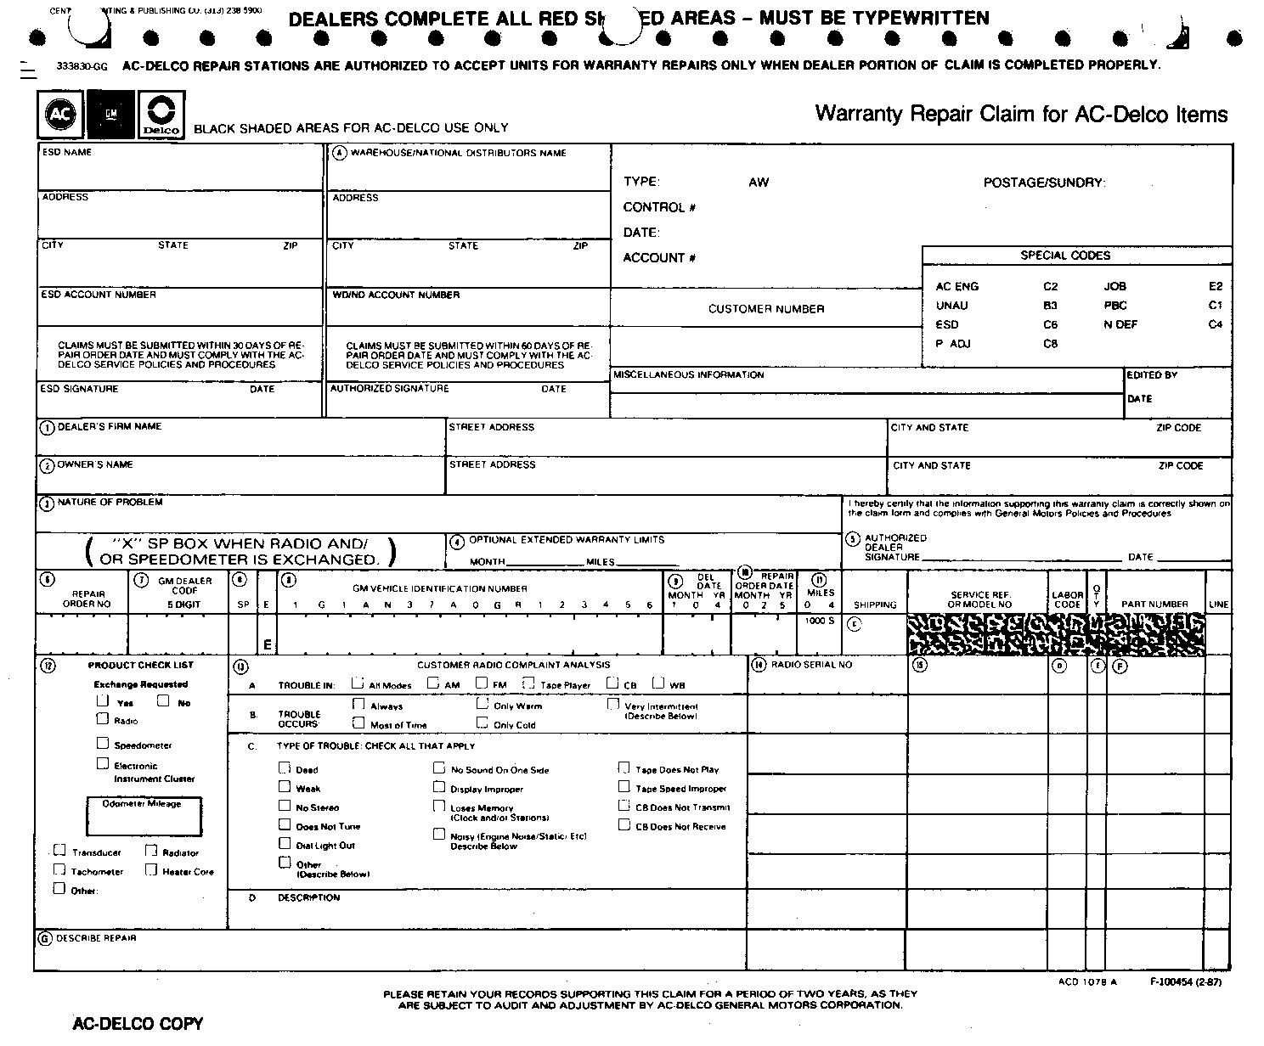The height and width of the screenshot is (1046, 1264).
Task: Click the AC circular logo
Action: pos(60,114)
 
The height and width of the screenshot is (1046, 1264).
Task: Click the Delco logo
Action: pos(161,114)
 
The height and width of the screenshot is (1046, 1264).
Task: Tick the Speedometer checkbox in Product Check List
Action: pos(103,744)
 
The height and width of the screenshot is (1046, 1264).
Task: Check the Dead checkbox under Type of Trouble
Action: pos(285,768)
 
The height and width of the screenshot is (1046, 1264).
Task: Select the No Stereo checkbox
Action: pos(285,806)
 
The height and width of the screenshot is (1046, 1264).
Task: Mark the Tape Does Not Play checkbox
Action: pos(624,768)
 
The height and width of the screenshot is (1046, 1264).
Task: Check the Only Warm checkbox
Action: pos(482,704)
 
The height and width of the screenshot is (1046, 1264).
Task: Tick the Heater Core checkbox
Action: pos(150,869)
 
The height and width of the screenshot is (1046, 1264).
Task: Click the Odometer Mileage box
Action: pos(144,817)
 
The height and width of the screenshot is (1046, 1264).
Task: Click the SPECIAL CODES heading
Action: pos(1065,256)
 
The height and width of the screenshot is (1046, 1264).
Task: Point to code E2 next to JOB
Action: pos(1216,287)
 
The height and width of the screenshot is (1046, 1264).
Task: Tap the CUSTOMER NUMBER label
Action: pos(766,309)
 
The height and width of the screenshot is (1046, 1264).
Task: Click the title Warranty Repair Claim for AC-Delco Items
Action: pos(1021,115)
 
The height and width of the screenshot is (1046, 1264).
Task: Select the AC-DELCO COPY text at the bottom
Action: pos(138,1024)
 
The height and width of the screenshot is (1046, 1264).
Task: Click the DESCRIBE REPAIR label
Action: pos(96,938)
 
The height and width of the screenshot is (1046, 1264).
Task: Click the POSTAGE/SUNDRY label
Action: pos(1044,183)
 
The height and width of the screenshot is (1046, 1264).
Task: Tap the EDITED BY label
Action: pos(1152,374)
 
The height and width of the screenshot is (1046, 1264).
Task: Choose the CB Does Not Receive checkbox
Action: pos(624,824)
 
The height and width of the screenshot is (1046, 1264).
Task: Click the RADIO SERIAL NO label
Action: pos(811,665)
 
